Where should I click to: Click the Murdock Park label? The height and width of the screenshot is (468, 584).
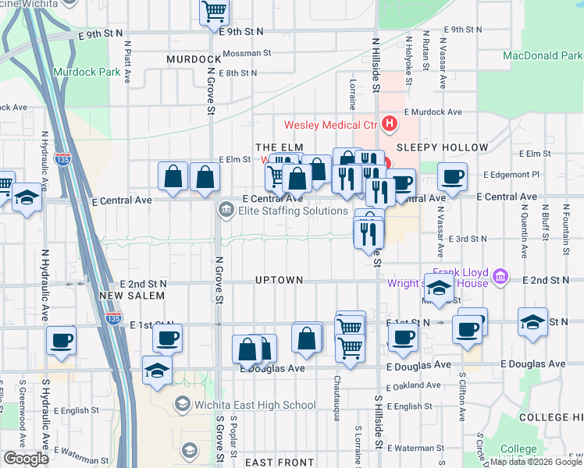click(86, 72)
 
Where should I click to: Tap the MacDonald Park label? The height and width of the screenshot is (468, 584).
click(543, 56)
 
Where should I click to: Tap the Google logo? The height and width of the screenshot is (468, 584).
click(26, 459)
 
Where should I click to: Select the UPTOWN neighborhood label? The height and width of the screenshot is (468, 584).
click(278, 279)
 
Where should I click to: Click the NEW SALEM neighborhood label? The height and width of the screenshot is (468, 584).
click(132, 296)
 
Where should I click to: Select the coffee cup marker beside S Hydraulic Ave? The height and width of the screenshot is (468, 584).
click(62, 341)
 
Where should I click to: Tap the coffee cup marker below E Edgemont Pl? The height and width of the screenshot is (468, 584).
click(452, 177)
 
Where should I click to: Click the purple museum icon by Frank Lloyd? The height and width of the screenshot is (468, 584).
click(501, 275)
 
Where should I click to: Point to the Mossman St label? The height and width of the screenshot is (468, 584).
click(246, 54)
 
